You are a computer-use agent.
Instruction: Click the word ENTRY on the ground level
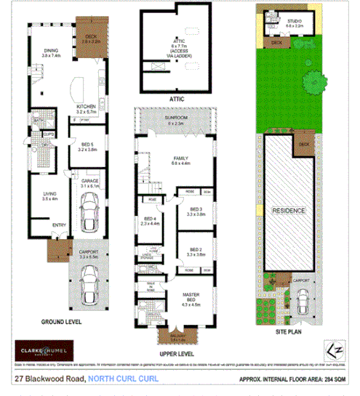pos(60,226)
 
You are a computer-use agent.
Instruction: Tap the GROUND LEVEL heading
pos(61,321)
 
